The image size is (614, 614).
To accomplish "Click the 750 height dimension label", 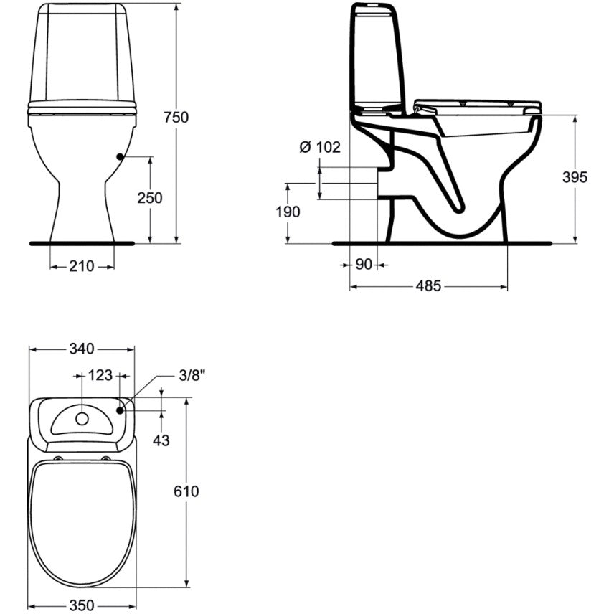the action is (176, 117).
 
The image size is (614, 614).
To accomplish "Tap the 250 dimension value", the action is (150, 198).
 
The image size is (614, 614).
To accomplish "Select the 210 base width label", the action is (82, 266).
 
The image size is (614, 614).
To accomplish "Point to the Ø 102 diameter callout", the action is (320, 147).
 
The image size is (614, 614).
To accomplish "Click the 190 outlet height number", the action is (288, 212).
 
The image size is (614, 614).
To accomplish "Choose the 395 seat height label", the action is (575, 177).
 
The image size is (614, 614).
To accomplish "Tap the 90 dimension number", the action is (364, 265).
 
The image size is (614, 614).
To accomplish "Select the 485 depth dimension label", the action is (428, 286).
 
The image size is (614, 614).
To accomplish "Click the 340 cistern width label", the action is (82, 349).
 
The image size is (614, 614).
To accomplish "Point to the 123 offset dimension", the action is (100, 375).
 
